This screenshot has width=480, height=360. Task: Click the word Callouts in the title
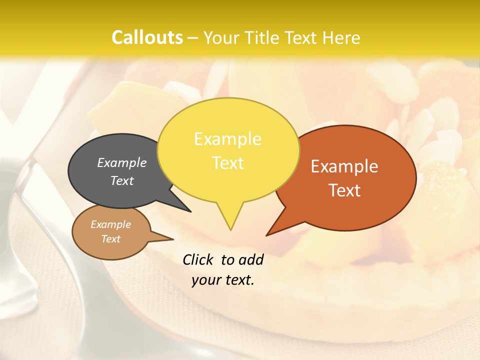(147, 37)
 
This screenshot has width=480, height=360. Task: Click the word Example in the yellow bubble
(227, 139)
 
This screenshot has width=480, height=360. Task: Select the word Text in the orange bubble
(344, 190)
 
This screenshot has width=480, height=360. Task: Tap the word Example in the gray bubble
(122, 162)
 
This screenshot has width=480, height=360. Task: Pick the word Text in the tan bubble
(110, 239)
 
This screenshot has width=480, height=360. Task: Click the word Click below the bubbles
(198, 259)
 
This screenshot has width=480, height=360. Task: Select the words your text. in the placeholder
(222, 280)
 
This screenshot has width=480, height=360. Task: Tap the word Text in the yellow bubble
(227, 163)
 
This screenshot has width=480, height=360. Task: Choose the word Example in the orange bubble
(344, 166)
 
